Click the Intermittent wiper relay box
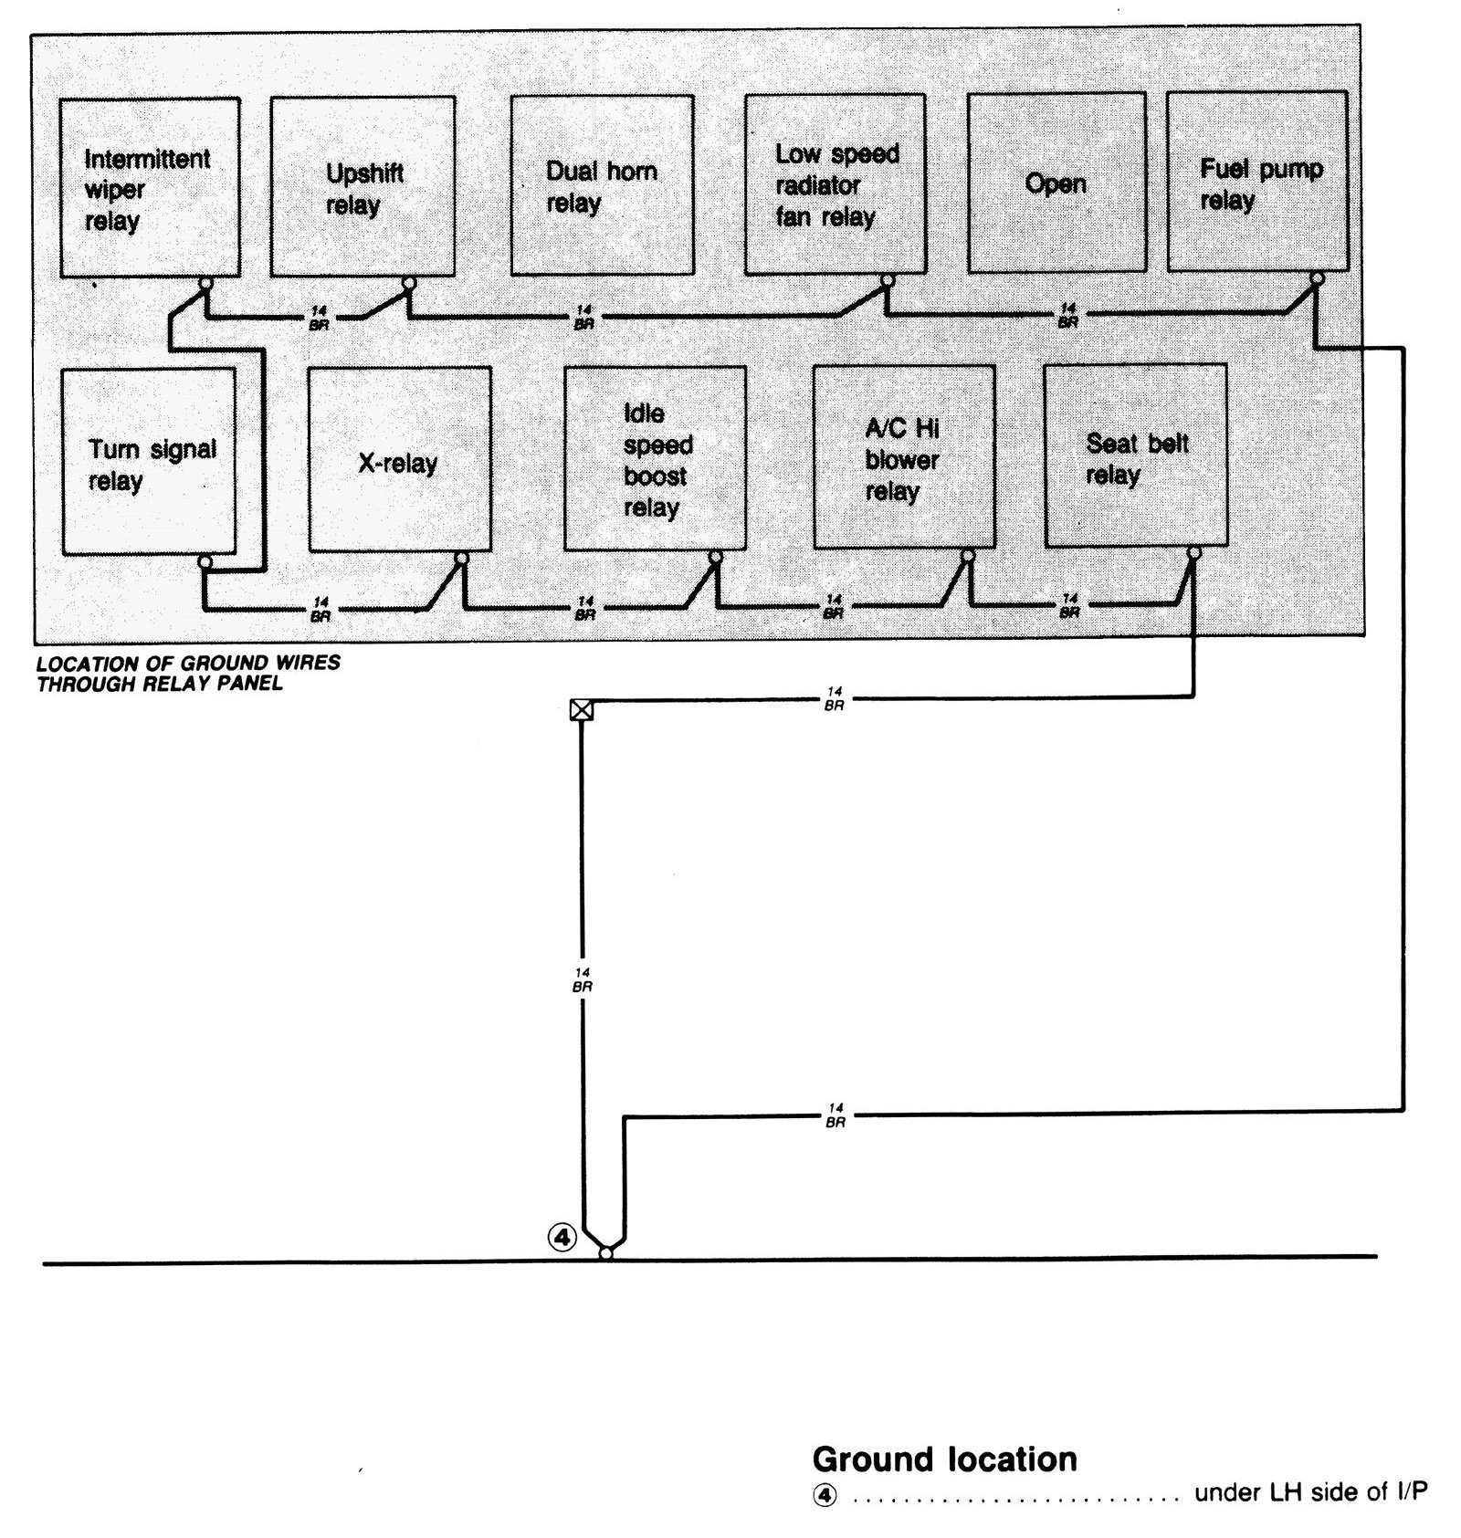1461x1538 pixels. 150,188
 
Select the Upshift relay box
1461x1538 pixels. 363,186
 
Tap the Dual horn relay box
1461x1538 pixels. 602,185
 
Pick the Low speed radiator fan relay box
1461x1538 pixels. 835,184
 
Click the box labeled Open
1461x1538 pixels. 1056,183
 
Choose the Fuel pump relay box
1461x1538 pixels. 1257,182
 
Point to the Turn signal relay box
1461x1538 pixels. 148,461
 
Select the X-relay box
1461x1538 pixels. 399,460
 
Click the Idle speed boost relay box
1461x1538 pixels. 655,459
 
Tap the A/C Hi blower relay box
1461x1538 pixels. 904,457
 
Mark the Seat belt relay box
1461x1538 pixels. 1135,456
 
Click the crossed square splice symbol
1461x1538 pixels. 581,709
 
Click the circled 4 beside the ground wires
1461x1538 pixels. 562,1238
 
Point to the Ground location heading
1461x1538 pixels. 944,1460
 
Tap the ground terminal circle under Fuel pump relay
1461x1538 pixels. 1317,278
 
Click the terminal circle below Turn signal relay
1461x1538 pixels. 205,562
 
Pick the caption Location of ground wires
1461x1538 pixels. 188,673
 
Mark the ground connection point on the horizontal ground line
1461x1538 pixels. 605,1254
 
